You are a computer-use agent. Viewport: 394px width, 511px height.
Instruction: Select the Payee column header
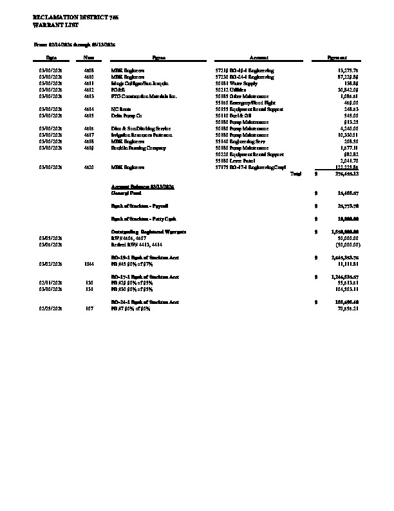tap(158, 58)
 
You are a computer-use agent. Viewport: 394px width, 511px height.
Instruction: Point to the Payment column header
tap(338, 58)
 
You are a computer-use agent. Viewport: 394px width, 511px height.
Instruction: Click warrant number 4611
tap(89, 83)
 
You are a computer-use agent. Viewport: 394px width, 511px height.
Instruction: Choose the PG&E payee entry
tap(117, 90)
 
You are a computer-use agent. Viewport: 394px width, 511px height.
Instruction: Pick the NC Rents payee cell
tap(120, 109)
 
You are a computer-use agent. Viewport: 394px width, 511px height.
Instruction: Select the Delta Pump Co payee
tap(125, 115)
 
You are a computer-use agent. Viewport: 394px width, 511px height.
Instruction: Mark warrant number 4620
tap(89, 167)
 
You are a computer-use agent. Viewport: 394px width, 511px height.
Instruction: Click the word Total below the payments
tap(295, 174)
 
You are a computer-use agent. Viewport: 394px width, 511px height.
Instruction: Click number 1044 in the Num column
tap(89, 264)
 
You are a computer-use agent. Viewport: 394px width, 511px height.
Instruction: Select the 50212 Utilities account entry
tap(232, 90)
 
